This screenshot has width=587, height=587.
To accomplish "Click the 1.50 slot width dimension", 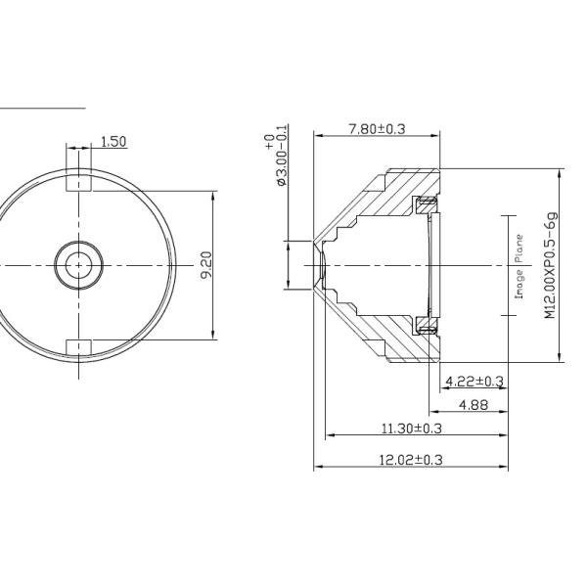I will [x=113, y=142].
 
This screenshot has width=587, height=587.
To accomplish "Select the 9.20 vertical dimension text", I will [x=205, y=264].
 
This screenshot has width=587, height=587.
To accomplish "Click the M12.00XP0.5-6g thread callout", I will [x=550, y=265].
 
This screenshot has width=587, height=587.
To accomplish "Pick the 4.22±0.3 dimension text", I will [x=474, y=381].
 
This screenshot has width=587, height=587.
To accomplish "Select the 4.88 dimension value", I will [x=474, y=404].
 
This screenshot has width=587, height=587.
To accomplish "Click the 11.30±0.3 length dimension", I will [x=411, y=428].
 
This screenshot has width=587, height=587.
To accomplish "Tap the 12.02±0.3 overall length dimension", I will [x=411, y=459].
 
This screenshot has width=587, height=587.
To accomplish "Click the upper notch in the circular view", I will [x=78, y=182].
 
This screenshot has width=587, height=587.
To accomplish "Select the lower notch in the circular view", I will [x=78, y=346].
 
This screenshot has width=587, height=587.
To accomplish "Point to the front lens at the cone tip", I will [x=317, y=264].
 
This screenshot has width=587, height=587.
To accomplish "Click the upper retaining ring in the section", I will [x=425, y=204].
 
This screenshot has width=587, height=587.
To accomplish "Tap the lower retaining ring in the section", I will [x=425, y=325].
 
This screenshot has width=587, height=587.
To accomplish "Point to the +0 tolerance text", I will [x=269, y=143].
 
